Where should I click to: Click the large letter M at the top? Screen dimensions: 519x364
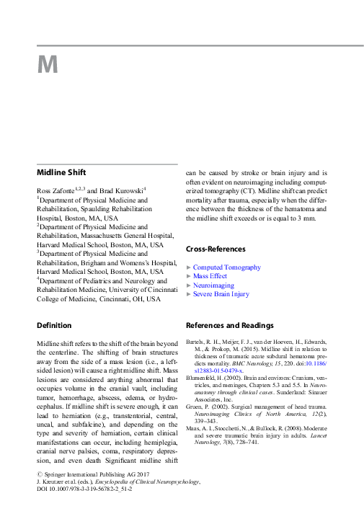[x=48, y=65]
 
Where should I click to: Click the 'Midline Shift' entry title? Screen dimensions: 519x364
[x=62, y=172]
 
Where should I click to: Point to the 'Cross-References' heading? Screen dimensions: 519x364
[x=216, y=249]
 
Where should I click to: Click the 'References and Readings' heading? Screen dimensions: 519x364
[x=230, y=325]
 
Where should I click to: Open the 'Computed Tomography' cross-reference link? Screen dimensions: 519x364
[x=227, y=267]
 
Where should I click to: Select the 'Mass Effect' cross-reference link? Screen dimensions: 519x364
[x=210, y=276]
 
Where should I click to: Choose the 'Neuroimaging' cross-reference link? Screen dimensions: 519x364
[x=213, y=285]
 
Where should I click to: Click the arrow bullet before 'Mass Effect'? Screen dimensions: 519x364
[x=189, y=277]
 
